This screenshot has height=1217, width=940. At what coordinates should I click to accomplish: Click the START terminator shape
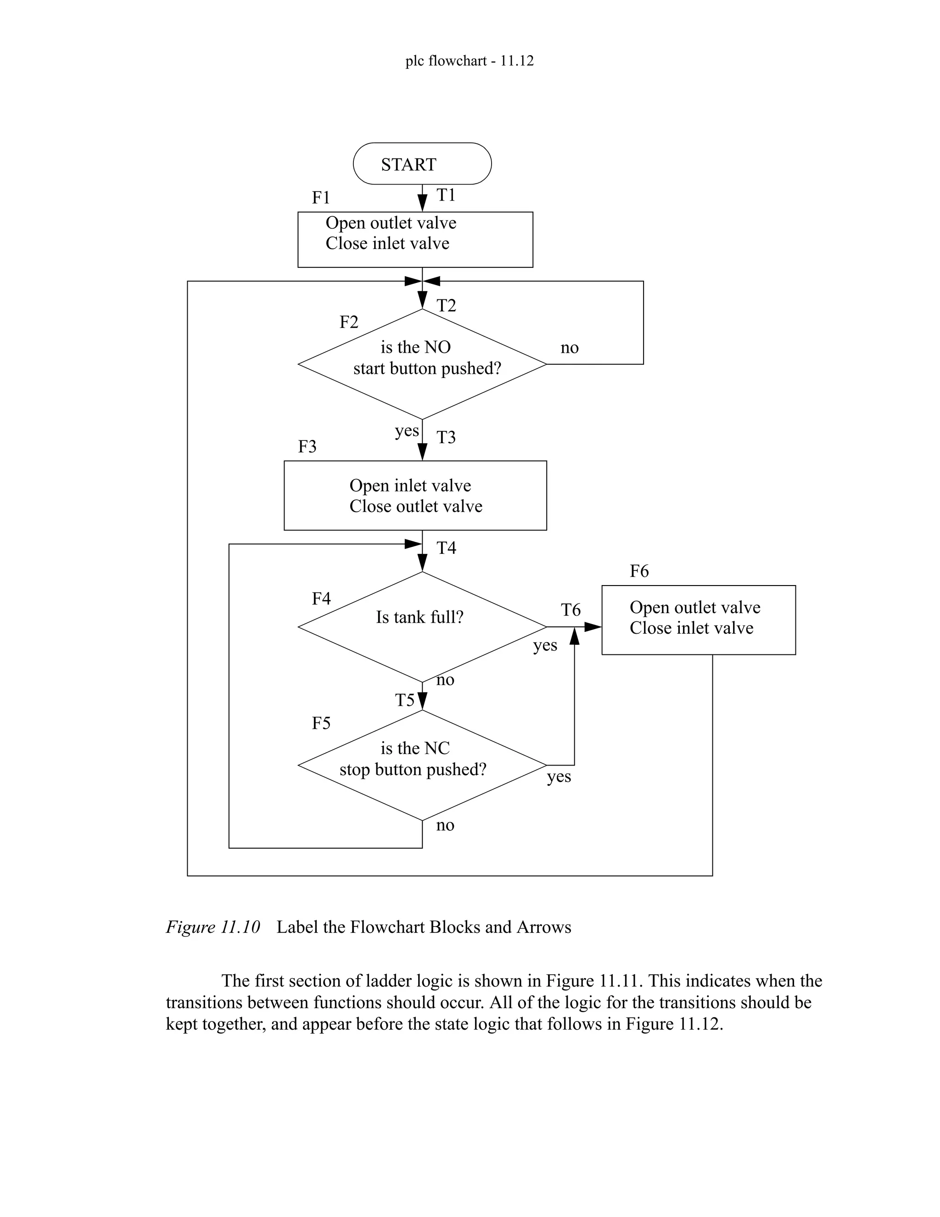click(x=422, y=164)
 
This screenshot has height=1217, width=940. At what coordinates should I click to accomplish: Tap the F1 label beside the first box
click(x=321, y=198)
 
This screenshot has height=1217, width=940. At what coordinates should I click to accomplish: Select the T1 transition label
click(x=446, y=195)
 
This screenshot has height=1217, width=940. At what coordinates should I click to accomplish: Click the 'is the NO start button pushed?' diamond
click(x=422, y=363)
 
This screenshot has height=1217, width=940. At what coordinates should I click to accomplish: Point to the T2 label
click(x=446, y=306)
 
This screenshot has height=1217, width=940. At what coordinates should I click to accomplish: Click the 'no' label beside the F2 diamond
click(x=569, y=348)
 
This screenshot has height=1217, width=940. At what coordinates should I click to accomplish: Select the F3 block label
click(x=307, y=447)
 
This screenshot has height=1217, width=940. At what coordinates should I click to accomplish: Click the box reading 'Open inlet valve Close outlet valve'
click(x=415, y=496)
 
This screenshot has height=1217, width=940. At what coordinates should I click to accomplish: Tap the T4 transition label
click(x=446, y=548)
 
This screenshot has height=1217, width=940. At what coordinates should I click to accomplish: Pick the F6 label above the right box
click(x=639, y=571)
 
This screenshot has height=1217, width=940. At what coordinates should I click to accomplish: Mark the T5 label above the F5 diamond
click(x=404, y=700)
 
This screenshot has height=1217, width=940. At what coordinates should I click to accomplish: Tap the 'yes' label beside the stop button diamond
click(x=559, y=776)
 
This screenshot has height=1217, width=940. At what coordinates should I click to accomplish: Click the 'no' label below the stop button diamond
click(x=445, y=825)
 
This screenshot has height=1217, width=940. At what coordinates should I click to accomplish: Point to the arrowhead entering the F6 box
click(x=593, y=627)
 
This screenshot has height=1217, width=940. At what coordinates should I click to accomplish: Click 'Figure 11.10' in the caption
click(x=213, y=927)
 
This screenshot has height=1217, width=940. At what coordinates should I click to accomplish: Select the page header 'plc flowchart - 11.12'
click(x=469, y=61)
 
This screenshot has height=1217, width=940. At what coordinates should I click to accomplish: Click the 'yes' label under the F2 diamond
click(x=407, y=431)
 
